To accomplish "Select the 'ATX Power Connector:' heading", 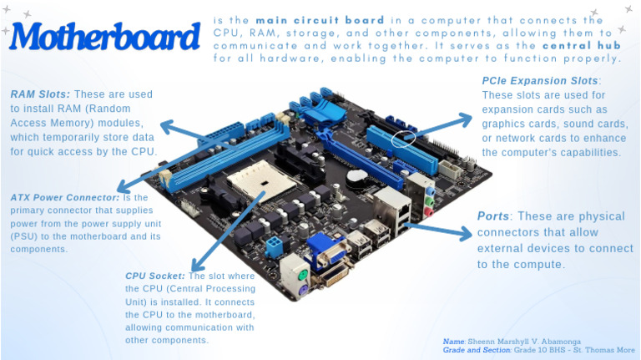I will point(65,197).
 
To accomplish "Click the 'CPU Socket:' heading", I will point(155,275).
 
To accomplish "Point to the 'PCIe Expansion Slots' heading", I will point(540,81).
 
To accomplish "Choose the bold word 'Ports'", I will point(493,216).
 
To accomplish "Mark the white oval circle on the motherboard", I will point(403,139).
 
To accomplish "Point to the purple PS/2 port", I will point(303,289).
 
